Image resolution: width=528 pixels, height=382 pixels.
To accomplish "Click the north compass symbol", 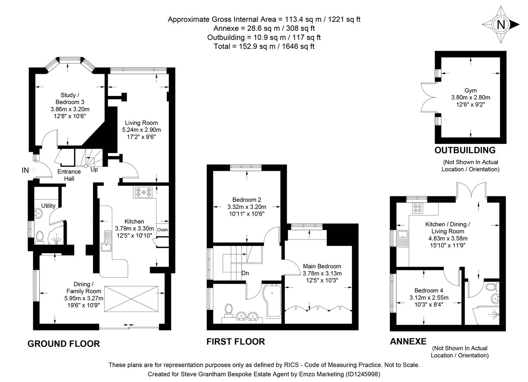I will (500, 25).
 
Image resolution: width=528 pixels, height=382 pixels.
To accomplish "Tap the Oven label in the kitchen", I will (162, 230).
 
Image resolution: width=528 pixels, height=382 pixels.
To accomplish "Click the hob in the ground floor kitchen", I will (144, 192).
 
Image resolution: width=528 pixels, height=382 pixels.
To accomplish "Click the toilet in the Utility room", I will (40, 236).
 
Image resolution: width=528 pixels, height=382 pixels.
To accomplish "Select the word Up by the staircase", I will (94, 170).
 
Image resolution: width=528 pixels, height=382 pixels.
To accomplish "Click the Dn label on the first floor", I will (245, 273).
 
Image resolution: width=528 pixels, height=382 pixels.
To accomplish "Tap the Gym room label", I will (470, 91).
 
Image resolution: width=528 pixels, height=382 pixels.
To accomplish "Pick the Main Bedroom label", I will (322, 266).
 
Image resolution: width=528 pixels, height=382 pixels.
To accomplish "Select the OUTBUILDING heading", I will (465, 150).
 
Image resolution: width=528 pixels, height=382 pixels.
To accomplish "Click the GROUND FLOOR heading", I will (64, 343).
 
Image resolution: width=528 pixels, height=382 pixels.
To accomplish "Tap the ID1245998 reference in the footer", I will (362, 374).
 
